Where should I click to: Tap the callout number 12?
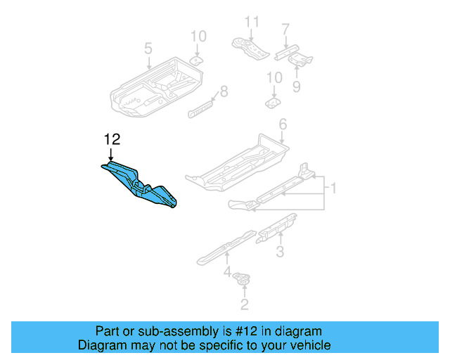click(112, 140)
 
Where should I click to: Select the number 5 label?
click(148, 49)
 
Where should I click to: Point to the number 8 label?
click(224, 91)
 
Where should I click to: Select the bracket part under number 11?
click(250, 47)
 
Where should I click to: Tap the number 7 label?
click(285, 30)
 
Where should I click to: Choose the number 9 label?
click(296, 86)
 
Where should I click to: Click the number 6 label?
click(283, 124)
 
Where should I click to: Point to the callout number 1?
click(333, 188)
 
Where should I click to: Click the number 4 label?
click(227, 271)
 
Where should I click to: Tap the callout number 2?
click(244, 304)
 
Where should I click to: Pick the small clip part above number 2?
click(243, 280)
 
